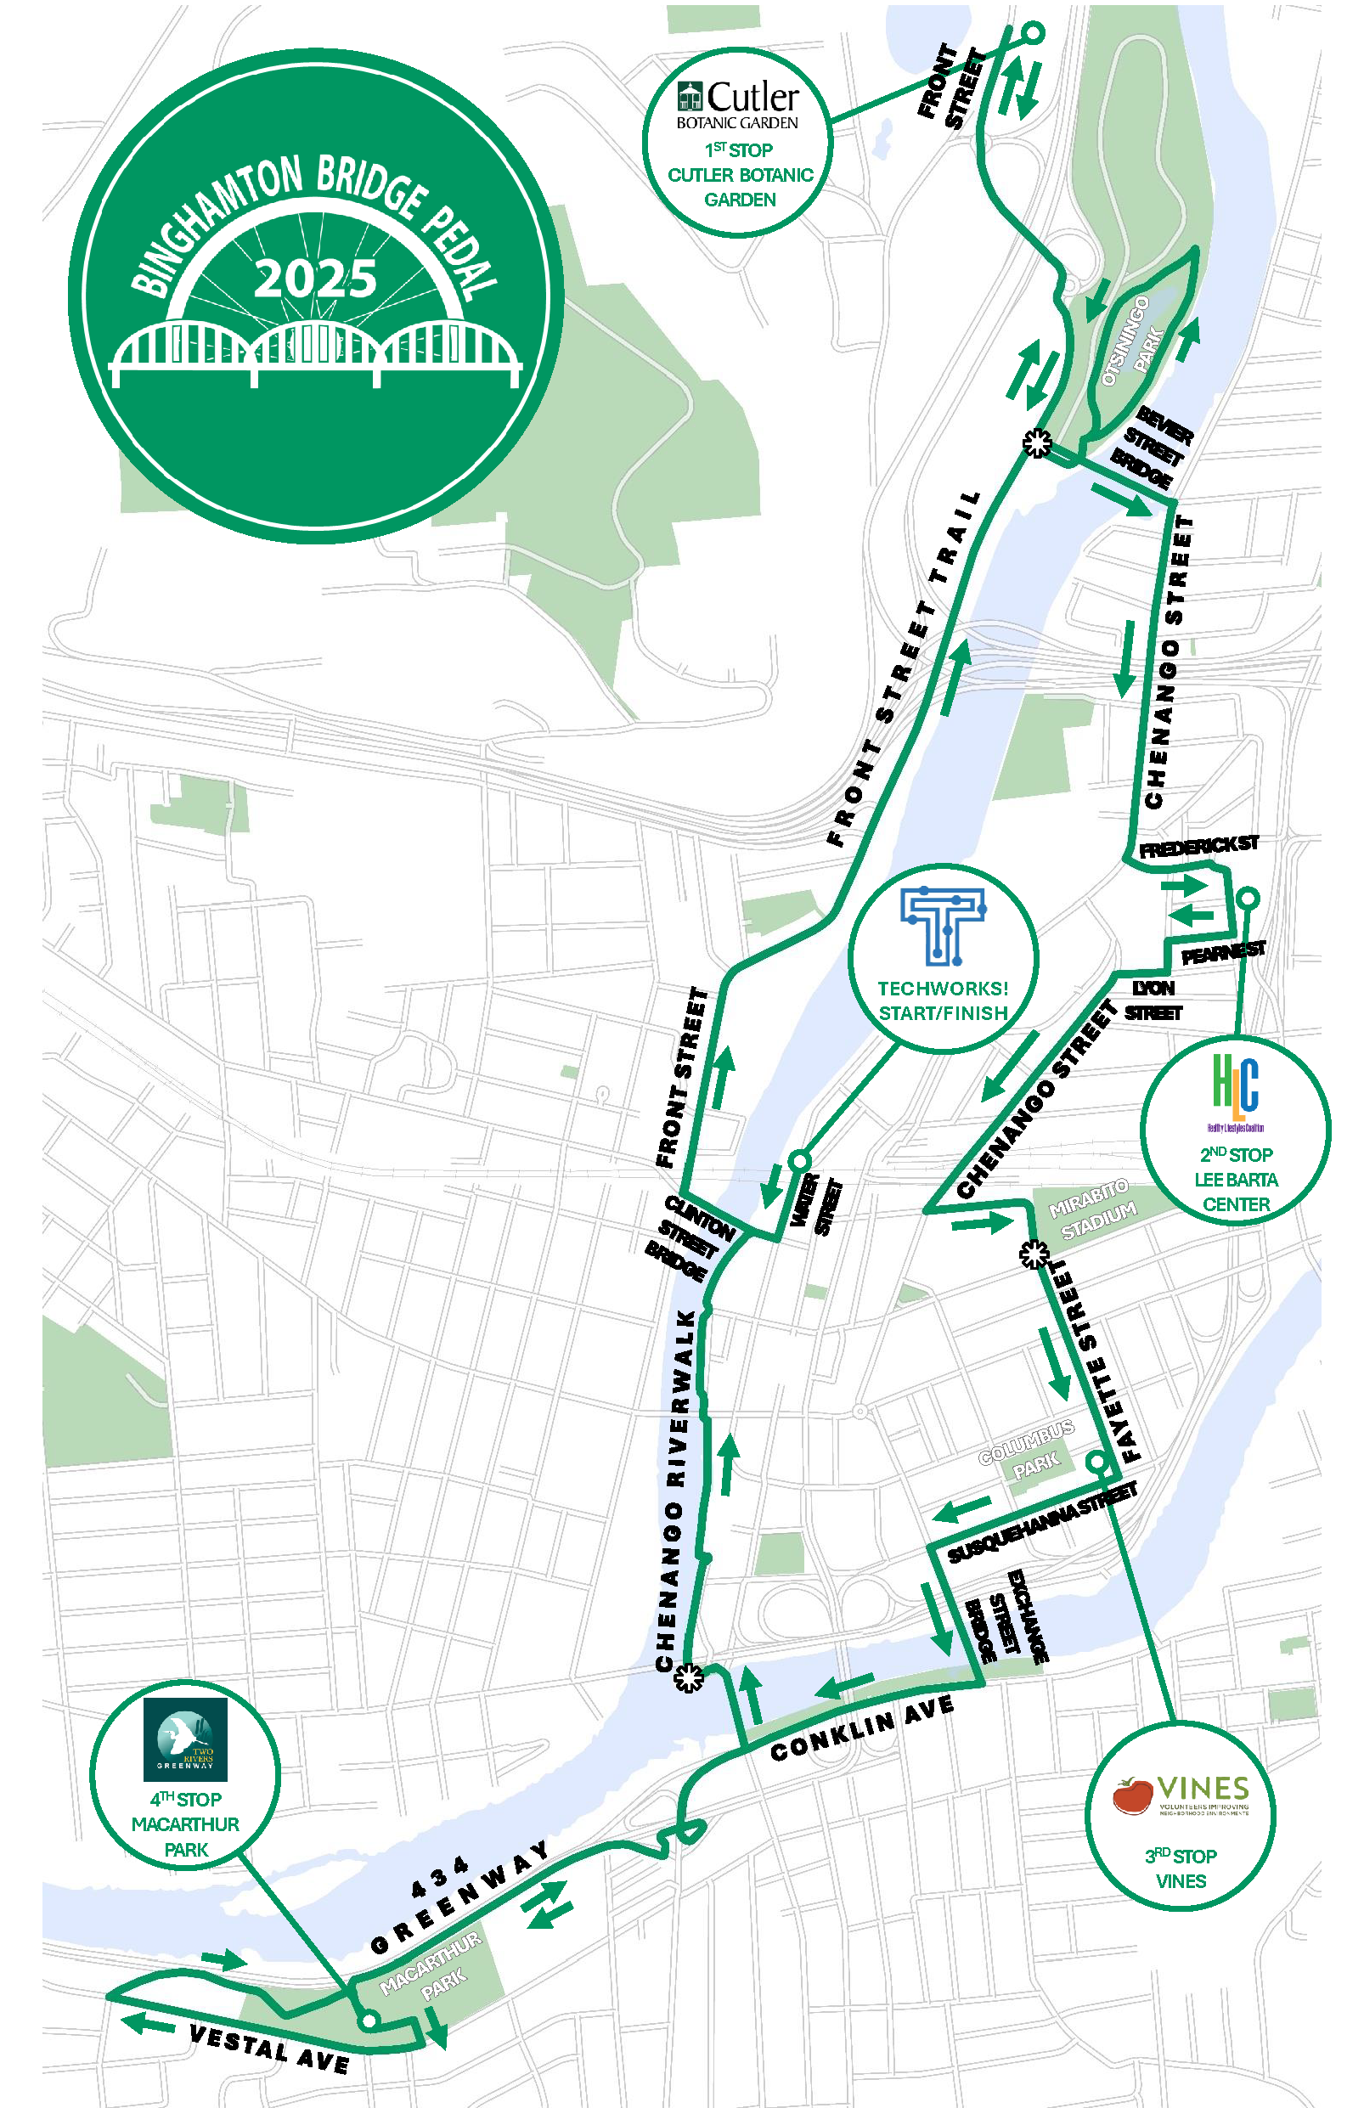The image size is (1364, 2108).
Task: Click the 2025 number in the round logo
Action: (315, 279)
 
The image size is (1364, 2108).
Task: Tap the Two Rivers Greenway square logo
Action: (185, 1739)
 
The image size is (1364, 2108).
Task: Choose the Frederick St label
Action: (1198, 847)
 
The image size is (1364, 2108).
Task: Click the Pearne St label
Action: (1223, 952)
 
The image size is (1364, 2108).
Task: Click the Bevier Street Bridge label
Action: (1155, 448)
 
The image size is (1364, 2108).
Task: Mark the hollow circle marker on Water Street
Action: (799, 1160)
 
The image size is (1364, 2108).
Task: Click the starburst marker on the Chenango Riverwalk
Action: (688, 1677)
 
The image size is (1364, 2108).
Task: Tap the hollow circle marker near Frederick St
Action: (1247, 898)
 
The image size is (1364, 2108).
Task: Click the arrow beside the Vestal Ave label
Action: (147, 2023)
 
